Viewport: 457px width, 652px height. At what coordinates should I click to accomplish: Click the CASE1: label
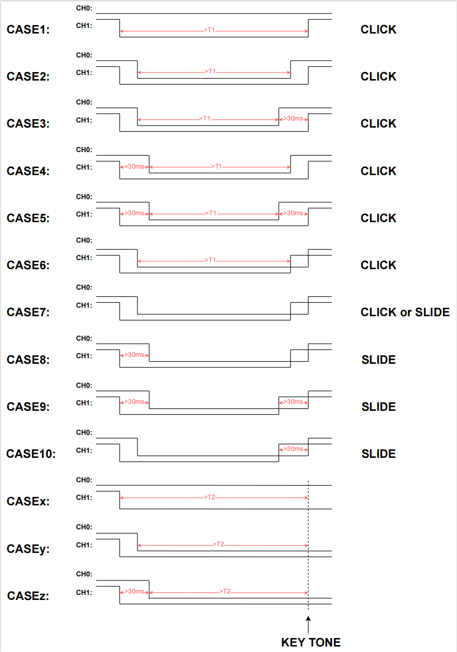point(28,30)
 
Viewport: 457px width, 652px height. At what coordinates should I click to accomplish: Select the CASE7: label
point(28,312)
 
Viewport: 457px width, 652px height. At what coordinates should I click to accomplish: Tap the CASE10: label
point(31,453)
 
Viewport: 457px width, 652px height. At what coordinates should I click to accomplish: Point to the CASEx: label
point(28,501)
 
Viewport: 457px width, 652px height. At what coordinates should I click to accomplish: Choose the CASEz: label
point(28,595)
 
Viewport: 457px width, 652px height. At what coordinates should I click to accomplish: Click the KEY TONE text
point(311,642)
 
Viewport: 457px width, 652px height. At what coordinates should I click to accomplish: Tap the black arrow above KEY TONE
point(308,624)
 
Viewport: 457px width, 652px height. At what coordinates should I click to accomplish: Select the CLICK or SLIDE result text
point(405,312)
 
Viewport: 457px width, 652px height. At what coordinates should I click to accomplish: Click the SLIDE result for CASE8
point(378,360)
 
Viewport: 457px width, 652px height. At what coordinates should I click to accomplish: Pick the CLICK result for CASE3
point(378,124)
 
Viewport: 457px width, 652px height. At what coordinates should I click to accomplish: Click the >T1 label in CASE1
point(209,30)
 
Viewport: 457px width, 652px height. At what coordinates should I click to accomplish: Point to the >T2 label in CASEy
point(218,544)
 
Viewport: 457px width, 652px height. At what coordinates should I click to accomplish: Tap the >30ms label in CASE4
point(134,166)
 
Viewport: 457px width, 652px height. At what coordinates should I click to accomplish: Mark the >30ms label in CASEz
point(134,591)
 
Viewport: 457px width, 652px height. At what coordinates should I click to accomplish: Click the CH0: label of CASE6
point(84,240)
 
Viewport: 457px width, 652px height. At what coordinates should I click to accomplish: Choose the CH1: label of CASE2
point(84,73)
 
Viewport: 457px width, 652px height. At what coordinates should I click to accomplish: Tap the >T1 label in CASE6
point(210,260)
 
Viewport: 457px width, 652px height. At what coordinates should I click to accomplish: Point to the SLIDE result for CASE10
point(378,454)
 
